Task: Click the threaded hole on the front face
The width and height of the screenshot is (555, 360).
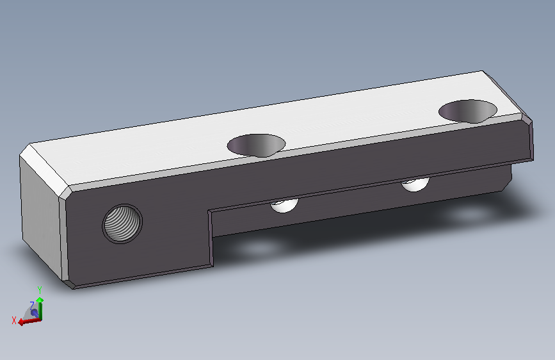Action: tap(122, 224)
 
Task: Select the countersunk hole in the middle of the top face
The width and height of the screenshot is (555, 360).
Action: tap(256, 145)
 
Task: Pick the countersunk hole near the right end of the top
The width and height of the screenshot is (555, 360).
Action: tap(467, 111)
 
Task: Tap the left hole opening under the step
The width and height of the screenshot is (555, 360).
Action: tap(284, 206)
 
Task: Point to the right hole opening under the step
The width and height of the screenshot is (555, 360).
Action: tap(415, 185)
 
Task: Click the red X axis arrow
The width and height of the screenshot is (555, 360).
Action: tap(29, 321)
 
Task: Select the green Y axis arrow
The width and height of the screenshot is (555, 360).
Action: tap(40, 309)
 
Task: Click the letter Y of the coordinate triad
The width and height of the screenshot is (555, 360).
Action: tap(40, 290)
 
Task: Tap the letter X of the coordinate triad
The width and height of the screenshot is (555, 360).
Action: tap(14, 320)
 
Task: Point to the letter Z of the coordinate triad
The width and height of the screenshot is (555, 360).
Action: tap(32, 305)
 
